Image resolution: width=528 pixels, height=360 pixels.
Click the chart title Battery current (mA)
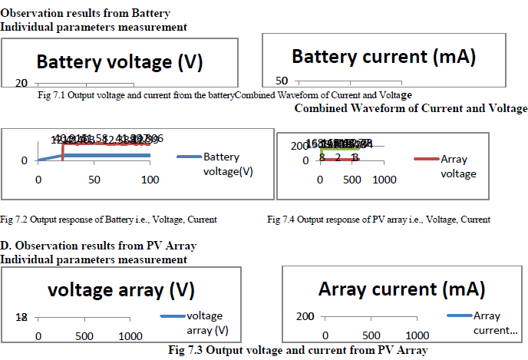(x=384, y=56)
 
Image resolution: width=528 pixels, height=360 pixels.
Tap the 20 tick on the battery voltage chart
(x=23, y=84)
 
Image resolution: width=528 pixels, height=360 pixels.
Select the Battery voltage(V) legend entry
(x=221, y=164)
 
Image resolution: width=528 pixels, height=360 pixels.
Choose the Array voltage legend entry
(x=457, y=167)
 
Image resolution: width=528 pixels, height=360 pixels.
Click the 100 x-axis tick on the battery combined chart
(x=150, y=180)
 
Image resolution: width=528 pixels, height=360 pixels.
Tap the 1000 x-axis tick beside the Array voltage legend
(x=384, y=180)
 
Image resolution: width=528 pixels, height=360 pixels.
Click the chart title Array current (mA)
(x=401, y=289)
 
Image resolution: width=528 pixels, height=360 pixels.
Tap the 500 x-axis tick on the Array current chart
(x=371, y=336)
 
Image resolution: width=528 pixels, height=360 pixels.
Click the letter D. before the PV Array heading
(x=5, y=246)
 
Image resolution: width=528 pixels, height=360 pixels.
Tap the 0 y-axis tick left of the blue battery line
(x=24, y=160)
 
